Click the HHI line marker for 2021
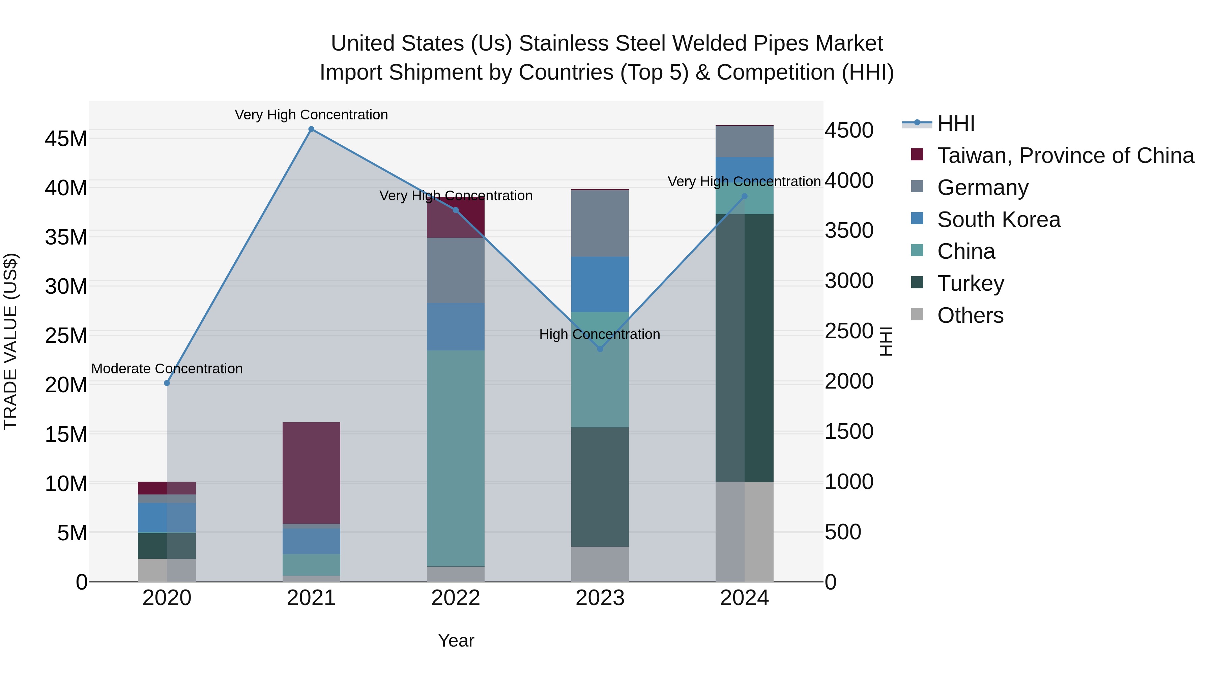point(311,129)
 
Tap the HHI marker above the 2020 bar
point(167,383)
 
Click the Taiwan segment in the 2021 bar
point(311,473)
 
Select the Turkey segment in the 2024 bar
point(745,348)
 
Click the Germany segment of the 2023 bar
point(600,223)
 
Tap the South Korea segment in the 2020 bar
point(167,517)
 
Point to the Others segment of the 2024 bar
point(745,532)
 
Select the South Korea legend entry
point(998,220)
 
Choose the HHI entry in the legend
point(955,123)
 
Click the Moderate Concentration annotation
point(167,369)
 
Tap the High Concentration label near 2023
point(600,334)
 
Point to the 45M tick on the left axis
point(66,139)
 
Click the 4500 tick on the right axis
point(849,130)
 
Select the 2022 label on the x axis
point(456,598)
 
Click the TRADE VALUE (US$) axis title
point(10,341)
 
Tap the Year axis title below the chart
point(456,641)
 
